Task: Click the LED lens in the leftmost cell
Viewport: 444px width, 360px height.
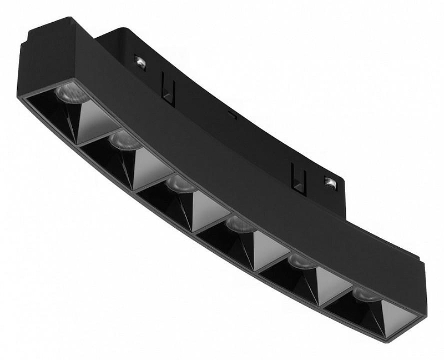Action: click(x=70, y=94)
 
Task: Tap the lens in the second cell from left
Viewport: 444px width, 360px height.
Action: click(x=124, y=141)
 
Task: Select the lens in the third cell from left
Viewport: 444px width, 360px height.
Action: click(x=181, y=184)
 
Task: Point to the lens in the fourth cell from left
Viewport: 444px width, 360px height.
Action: click(x=240, y=224)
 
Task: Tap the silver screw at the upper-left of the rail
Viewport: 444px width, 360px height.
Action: click(x=140, y=63)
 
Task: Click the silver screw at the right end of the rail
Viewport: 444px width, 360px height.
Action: click(x=330, y=182)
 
